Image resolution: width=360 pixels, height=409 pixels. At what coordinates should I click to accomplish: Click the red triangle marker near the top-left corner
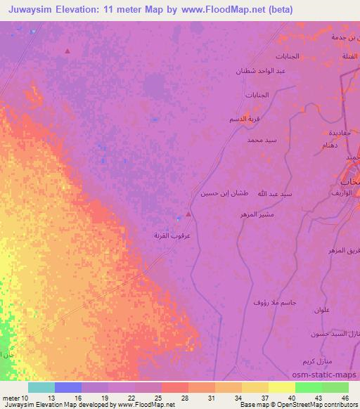point(67,51)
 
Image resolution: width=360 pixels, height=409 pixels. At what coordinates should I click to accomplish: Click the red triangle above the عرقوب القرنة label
point(188,214)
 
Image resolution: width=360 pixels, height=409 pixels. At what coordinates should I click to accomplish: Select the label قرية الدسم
point(245,120)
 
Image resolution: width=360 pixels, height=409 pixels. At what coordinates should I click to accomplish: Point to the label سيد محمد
point(262,141)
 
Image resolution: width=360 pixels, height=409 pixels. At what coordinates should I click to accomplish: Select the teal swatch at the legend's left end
point(41,387)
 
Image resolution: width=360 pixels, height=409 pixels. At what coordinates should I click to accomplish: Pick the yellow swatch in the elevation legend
point(282,387)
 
